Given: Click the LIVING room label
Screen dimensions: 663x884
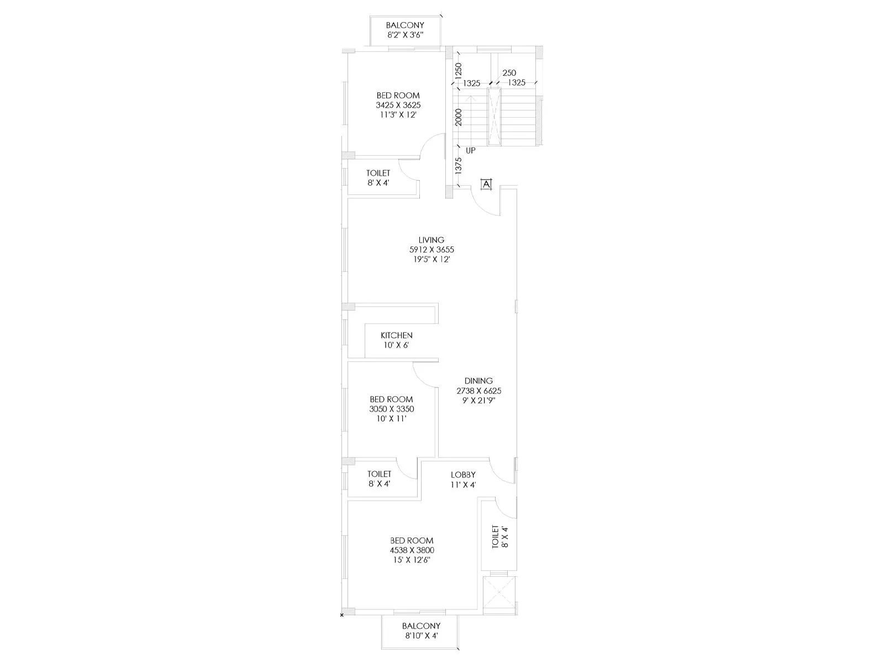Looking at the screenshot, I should [431, 240].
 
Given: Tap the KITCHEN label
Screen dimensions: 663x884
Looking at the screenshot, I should [396, 335].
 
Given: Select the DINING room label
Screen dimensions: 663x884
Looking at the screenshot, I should [478, 381].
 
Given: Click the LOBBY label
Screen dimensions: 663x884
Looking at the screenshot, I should [463, 475].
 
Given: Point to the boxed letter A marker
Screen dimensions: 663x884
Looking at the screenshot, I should [486, 185].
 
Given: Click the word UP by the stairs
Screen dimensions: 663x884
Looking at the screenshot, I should [470, 150].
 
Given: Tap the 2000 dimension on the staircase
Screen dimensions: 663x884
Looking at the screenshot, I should [458, 117].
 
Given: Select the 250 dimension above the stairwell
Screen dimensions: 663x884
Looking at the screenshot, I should [509, 73].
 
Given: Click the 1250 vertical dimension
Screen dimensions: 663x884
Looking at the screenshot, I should [458, 70].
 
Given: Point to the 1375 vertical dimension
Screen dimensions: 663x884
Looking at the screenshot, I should [458, 166].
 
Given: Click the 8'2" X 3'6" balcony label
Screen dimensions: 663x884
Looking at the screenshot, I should [405, 35].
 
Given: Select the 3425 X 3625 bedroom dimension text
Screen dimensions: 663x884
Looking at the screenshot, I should [398, 105].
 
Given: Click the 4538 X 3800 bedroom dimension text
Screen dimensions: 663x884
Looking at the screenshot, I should [412, 550].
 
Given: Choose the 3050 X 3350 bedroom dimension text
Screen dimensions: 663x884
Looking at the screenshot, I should [391, 409].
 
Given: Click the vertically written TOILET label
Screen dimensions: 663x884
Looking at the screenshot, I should [496, 536].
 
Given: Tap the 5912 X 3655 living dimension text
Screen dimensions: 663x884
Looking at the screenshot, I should [431, 250].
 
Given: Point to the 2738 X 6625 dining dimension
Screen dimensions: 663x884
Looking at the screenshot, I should [478, 391].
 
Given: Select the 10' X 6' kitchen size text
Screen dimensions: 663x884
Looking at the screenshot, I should [396, 345].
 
